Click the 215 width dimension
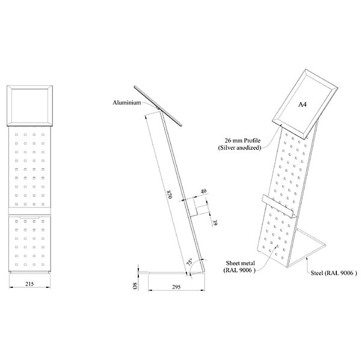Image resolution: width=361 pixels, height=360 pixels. click(29, 284)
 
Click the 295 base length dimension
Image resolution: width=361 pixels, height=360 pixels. click(176, 287)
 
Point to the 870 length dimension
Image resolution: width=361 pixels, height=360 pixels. click(170, 194)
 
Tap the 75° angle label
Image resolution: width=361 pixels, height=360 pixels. click(190, 263)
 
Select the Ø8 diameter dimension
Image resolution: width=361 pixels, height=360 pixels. click(135, 285)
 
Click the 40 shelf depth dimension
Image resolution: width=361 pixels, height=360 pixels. click(203, 191)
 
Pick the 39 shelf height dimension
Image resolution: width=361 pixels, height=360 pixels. click(215, 222)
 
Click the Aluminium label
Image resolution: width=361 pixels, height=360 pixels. click(127, 103)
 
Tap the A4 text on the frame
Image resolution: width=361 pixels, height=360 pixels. click(302, 105)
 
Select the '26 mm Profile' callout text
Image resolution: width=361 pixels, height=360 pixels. click(242, 140)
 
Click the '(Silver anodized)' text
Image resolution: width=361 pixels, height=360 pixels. click(239, 148)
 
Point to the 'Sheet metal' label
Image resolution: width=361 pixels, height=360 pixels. click(240, 263)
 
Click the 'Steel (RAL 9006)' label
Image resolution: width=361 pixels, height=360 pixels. click(333, 273)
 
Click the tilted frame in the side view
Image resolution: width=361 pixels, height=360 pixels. click(158, 106)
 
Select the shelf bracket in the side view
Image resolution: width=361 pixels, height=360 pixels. click(191, 207)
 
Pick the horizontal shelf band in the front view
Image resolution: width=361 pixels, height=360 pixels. click(29, 211)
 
